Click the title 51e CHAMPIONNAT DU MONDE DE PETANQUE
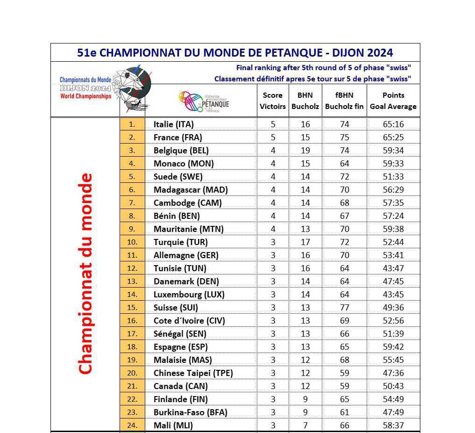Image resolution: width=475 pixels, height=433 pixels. pyautogui.click(x=235, y=52)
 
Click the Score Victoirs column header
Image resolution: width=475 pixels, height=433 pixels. pyautogui.click(x=273, y=101)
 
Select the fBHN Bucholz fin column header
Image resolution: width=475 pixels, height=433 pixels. pyautogui.click(x=344, y=101)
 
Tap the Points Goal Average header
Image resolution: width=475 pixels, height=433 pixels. pyautogui.click(x=393, y=101)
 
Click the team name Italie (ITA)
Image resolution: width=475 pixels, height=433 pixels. pyautogui.click(x=173, y=124)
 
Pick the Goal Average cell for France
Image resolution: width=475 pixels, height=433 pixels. pyautogui.click(x=393, y=137)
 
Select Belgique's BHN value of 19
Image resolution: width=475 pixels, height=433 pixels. pyautogui.click(x=305, y=151)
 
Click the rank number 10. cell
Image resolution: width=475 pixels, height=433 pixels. pyautogui.click(x=132, y=242)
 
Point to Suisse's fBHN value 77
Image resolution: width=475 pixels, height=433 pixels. pyautogui.click(x=344, y=308)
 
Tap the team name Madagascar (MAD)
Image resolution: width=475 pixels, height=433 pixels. pyautogui.click(x=191, y=190)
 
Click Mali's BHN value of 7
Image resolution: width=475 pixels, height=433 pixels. pyautogui.click(x=305, y=426)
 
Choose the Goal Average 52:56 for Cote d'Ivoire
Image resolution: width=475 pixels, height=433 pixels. pyautogui.click(x=393, y=321)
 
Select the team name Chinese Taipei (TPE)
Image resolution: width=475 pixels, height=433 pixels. pyautogui.click(x=193, y=373)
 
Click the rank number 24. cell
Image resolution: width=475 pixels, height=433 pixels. pyautogui.click(x=132, y=426)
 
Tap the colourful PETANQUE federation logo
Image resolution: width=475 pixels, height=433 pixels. pyautogui.click(x=204, y=101)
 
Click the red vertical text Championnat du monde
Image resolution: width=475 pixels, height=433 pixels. pyautogui.click(x=85, y=274)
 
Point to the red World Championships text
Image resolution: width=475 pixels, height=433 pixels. pyautogui.click(x=86, y=96)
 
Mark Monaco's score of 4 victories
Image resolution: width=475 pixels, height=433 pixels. pyautogui.click(x=273, y=164)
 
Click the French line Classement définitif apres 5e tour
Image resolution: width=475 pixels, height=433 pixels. pyautogui.click(x=312, y=79)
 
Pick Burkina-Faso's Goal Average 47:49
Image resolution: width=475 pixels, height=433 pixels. pyautogui.click(x=393, y=412)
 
